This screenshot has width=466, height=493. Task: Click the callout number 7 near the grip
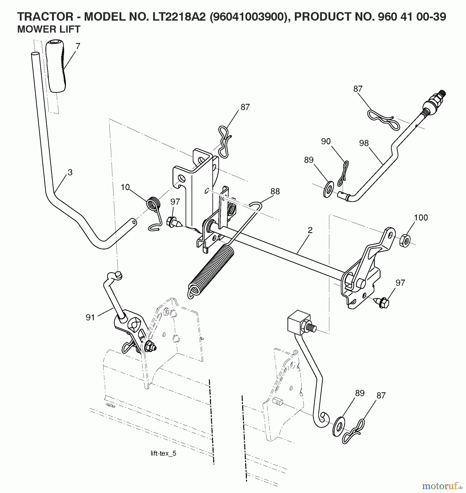pyautogui.click(x=78, y=46)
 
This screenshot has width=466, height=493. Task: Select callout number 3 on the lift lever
pyautogui.click(x=70, y=172)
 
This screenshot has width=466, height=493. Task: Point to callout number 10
pyautogui.click(x=125, y=187)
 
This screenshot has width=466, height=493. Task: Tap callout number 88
pyautogui.click(x=275, y=191)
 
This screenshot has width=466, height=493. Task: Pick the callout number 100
pyautogui.click(x=421, y=217)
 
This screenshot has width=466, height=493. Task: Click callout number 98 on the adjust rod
pyautogui.click(x=364, y=143)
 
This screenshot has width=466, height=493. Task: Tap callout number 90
pyautogui.click(x=326, y=141)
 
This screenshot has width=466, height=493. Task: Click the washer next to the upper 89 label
pyautogui.click(x=328, y=189)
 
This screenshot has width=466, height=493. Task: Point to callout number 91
pyautogui.click(x=90, y=317)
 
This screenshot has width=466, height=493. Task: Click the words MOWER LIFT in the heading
pyautogui.click(x=49, y=29)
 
